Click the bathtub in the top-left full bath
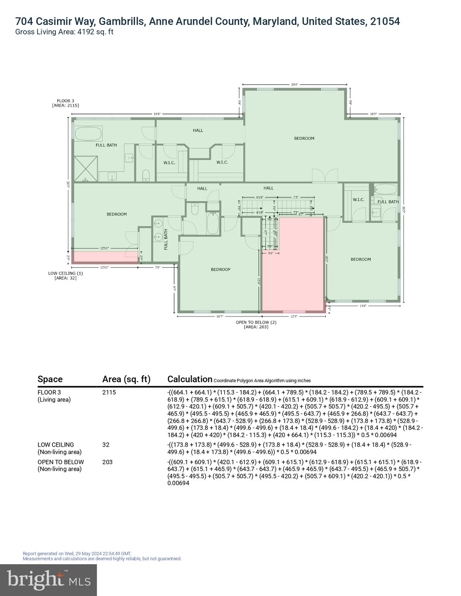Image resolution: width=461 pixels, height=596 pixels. click(x=88, y=134)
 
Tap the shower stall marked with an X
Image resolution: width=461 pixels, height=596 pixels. click(x=85, y=168)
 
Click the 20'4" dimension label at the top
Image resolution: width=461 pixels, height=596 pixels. click(x=295, y=84)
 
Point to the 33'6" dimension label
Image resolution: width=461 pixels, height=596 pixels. click(x=157, y=114)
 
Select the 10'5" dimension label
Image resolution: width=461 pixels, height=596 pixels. click(x=373, y=114)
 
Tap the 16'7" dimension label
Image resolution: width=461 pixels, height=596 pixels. click(x=219, y=317)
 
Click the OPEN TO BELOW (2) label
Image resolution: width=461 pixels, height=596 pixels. click(x=256, y=322)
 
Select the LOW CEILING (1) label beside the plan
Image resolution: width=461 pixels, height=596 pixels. click(x=65, y=273)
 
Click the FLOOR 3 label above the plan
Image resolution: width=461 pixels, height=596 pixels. click(x=65, y=101)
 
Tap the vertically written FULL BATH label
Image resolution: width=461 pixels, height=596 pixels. click(x=165, y=239)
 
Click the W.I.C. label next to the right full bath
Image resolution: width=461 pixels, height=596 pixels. click(x=358, y=200)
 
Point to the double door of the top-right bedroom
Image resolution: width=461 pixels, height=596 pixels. click(x=325, y=175)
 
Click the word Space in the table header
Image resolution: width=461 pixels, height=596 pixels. click(x=50, y=379)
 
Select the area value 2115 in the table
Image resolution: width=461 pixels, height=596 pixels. click(x=109, y=392)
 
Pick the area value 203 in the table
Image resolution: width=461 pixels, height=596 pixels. click(x=107, y=462)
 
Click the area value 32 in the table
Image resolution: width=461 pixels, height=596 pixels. click(x=106, y=445)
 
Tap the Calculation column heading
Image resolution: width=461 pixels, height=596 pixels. click(x=190, y=379)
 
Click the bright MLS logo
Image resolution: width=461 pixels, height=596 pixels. click(x=49, y=580)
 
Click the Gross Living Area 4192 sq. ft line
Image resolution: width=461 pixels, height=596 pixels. click(x=64, y=32)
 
